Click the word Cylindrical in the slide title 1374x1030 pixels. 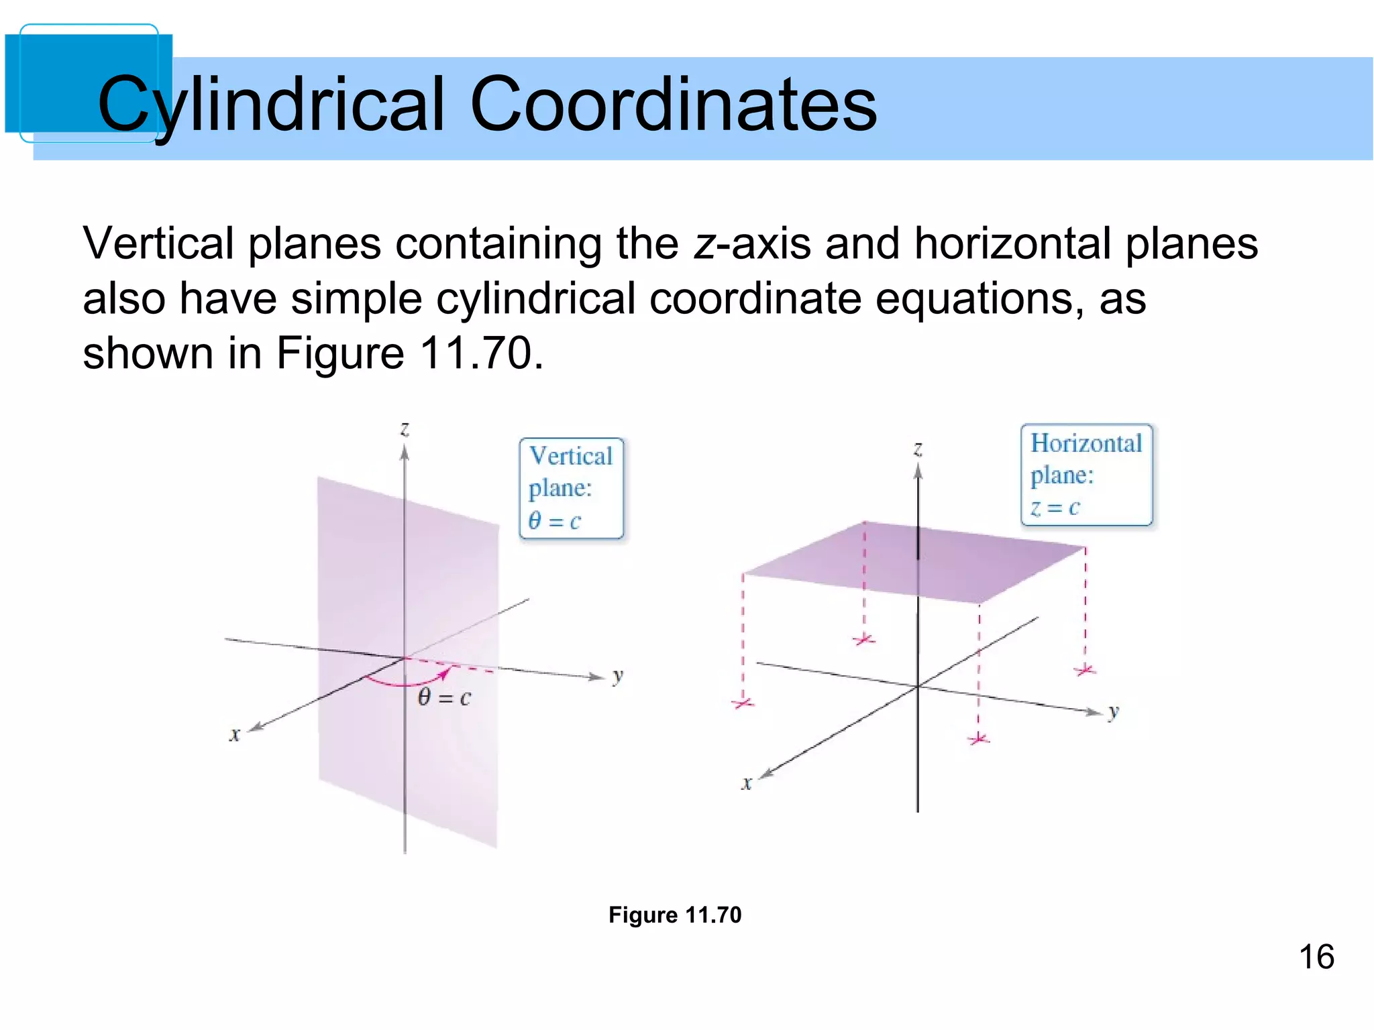pyautogui.click(x=272, y=105)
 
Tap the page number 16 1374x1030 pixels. pyautogui.click(x=1316, y=956)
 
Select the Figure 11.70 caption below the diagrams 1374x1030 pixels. pyautogui.click(x=675, y=915)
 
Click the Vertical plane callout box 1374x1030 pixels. pyautogui.click(x=572, y=488)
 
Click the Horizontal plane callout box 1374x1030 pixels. pyautogui.click(x=1086, y=475)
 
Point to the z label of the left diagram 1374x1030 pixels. pyautogui.click(x=405, y=428)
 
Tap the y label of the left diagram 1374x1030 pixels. pyautogui.click(x=618, y=676)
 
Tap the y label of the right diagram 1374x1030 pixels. pyautogui.click(x=1114, y=711)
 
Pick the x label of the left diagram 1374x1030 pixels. pyautogui.click(x=234, y=734)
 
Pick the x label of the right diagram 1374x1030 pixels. pyautogui.click(x=746, y=783)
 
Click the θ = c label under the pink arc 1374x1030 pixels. pyautogui.click(x=444, y=698)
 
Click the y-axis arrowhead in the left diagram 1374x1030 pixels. pyautogui.click(x=596, y=677)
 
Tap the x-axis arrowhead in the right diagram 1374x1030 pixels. pyautogui.click(x=765, y=773)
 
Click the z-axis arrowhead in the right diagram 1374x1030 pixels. pyautogui.click(x=918, y=472)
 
